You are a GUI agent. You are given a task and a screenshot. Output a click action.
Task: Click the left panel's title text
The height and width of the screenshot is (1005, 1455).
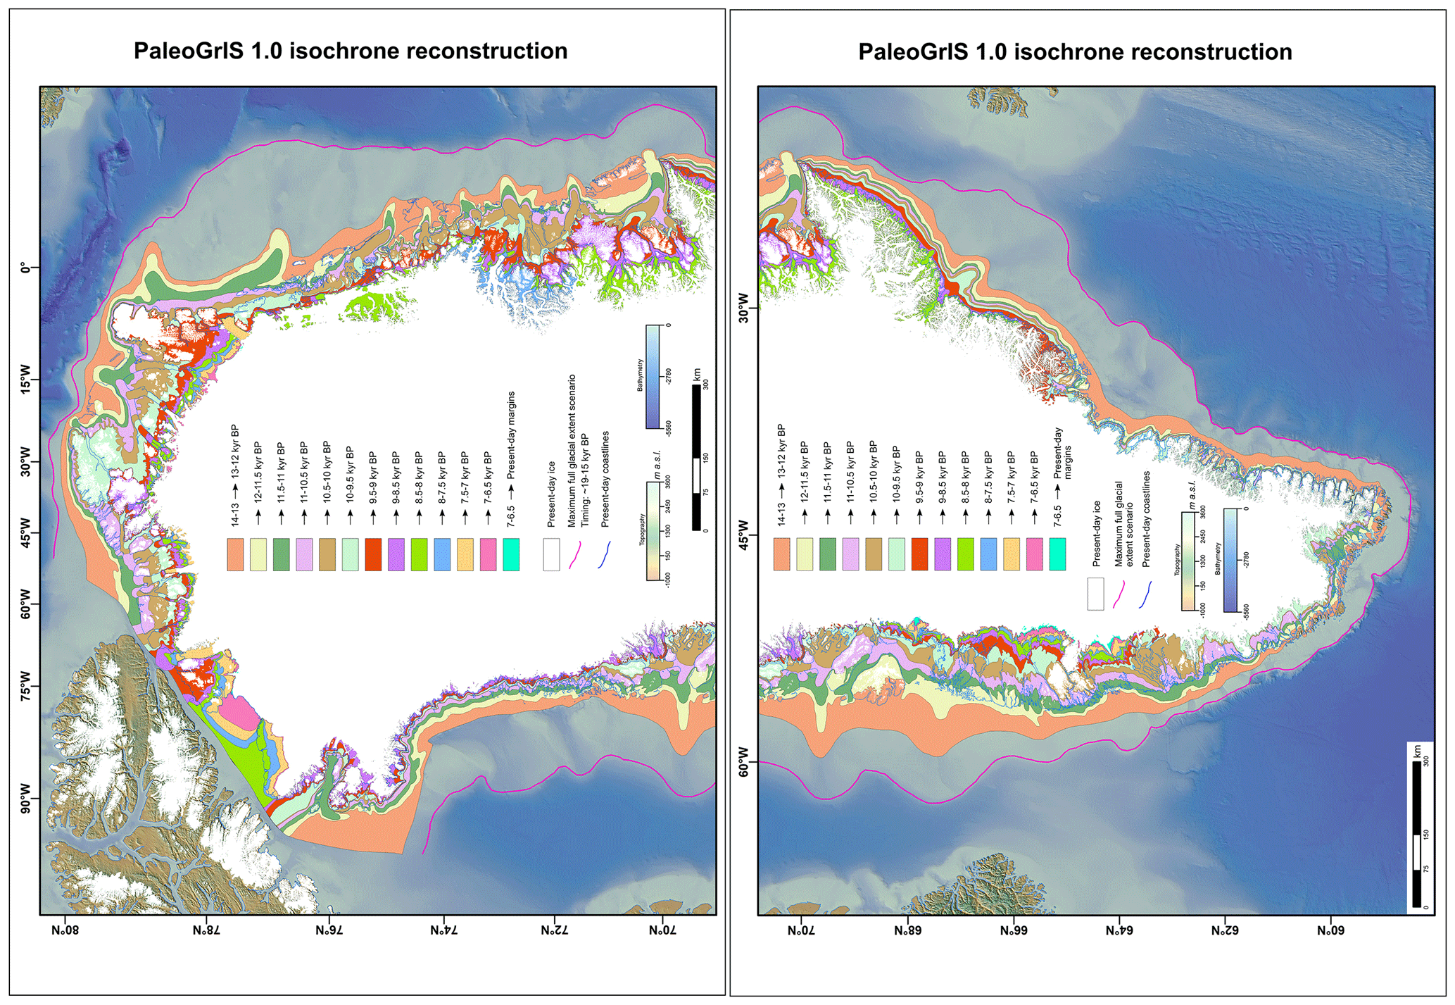click(351, 51)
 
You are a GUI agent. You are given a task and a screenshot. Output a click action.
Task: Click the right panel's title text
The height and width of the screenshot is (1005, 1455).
click(1075, 52)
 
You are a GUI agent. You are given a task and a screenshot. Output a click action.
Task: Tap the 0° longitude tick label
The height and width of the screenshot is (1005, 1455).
click(26, 268)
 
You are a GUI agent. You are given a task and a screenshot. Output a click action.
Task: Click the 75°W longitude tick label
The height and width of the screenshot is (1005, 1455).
click(26, 687)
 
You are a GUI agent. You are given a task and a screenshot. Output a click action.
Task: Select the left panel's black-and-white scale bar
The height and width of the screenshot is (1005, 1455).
click(696, 458)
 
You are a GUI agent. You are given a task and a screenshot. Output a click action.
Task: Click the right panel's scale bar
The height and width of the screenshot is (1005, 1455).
click(1416, 835)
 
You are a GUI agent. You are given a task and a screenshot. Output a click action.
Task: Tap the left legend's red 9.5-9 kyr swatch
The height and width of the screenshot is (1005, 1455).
click(373, 554)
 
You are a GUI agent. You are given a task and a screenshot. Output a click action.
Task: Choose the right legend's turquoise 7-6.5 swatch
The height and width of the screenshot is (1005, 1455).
click(1057, 554)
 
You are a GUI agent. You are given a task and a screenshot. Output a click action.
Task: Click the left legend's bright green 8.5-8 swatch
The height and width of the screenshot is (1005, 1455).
click(419, 554)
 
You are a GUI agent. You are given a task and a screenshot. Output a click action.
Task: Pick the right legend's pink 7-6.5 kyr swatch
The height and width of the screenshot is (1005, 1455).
click(1034, 554)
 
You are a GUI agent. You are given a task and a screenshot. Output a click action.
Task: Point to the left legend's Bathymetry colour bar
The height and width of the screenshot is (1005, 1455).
click(653, 376)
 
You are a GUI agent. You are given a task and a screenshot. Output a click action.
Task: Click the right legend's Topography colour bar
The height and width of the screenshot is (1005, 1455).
click(1188, 561)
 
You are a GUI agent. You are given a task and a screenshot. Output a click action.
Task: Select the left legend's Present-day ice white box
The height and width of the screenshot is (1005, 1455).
click(551, 554)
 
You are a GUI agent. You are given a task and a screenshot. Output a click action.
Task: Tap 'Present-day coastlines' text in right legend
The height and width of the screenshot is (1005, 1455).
click(1146, 520)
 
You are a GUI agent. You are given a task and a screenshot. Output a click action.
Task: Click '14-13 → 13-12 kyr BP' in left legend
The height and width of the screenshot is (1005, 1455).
click(235, 475)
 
